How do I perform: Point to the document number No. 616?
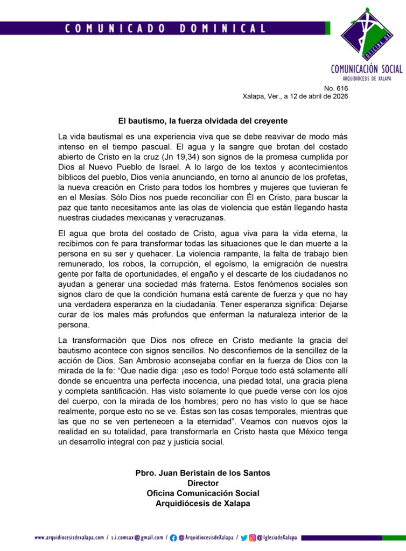tap(336, 88)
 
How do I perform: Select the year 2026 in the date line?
tap(339, 96)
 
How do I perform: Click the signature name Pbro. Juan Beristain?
tap(202, 474)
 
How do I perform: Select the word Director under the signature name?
tap(203, 483)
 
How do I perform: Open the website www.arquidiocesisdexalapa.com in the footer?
tap(69, 537)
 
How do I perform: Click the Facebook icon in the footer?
tap(173, 537)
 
